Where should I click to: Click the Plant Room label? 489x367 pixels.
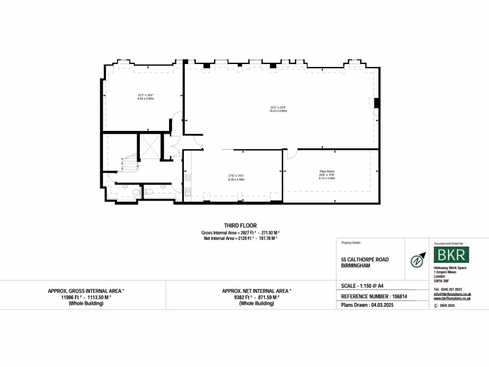click(327, 171)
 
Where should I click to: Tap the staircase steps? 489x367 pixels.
click(129, 165)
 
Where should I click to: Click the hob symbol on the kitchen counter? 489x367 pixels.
click(188, 178)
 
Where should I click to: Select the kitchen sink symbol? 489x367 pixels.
click(188, 192)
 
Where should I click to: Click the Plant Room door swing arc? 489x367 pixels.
click(292, 154)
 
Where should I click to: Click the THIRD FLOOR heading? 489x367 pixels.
click(240, 226)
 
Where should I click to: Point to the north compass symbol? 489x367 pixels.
click(417, 261)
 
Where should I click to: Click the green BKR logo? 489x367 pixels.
click(451, 255)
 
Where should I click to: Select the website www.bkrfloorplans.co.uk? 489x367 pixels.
click(452, 298)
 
